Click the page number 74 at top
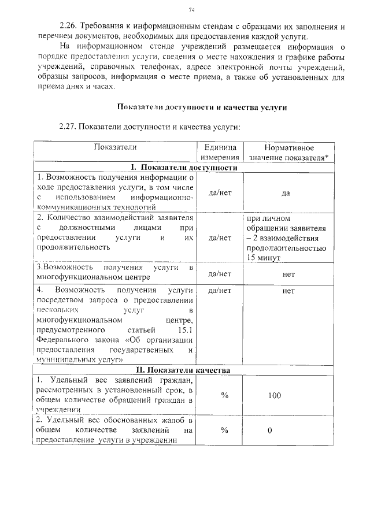click(x=191, y=10)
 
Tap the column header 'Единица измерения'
click(x=220, y=153)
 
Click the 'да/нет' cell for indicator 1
click(x=220, y=193)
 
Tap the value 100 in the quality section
click(x=274, y=395)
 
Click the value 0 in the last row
click(x=270, y=431)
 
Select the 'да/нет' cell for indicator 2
click(x=220, y=237)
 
